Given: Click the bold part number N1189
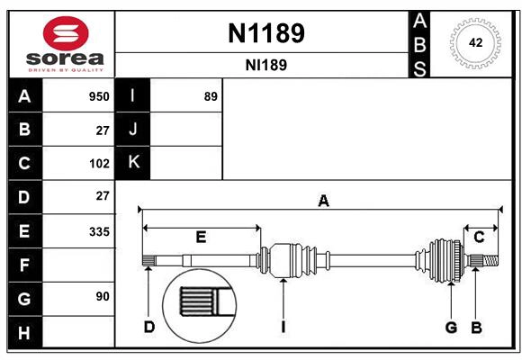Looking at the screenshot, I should [x=265, y=33].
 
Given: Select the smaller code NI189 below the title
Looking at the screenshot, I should [x=265, y=66].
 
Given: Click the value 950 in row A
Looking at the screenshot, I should [x=98, y=96].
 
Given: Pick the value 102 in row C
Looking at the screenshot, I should [x=98, y=164].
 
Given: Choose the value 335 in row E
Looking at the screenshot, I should [x=98, y=231].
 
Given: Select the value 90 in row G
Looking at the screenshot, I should [x=102, y=296].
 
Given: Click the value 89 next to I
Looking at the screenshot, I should [x=211, y=96].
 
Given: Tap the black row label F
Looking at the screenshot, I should [x=24, y=265].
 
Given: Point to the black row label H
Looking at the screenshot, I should [x=24, y=332].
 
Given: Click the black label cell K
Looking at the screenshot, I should [x=133, y=163].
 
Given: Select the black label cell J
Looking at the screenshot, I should [x=133, y=130].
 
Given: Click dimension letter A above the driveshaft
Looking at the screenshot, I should [x=323, y=202].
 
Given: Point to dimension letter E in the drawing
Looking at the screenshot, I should [x=201, y=238].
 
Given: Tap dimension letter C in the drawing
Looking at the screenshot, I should [x=480, y=238].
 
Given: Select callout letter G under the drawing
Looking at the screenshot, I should [x=451, y=327].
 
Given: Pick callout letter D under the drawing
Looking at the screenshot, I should [x=149, y=327].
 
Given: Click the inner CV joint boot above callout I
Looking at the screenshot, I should [x=290, y=260].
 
